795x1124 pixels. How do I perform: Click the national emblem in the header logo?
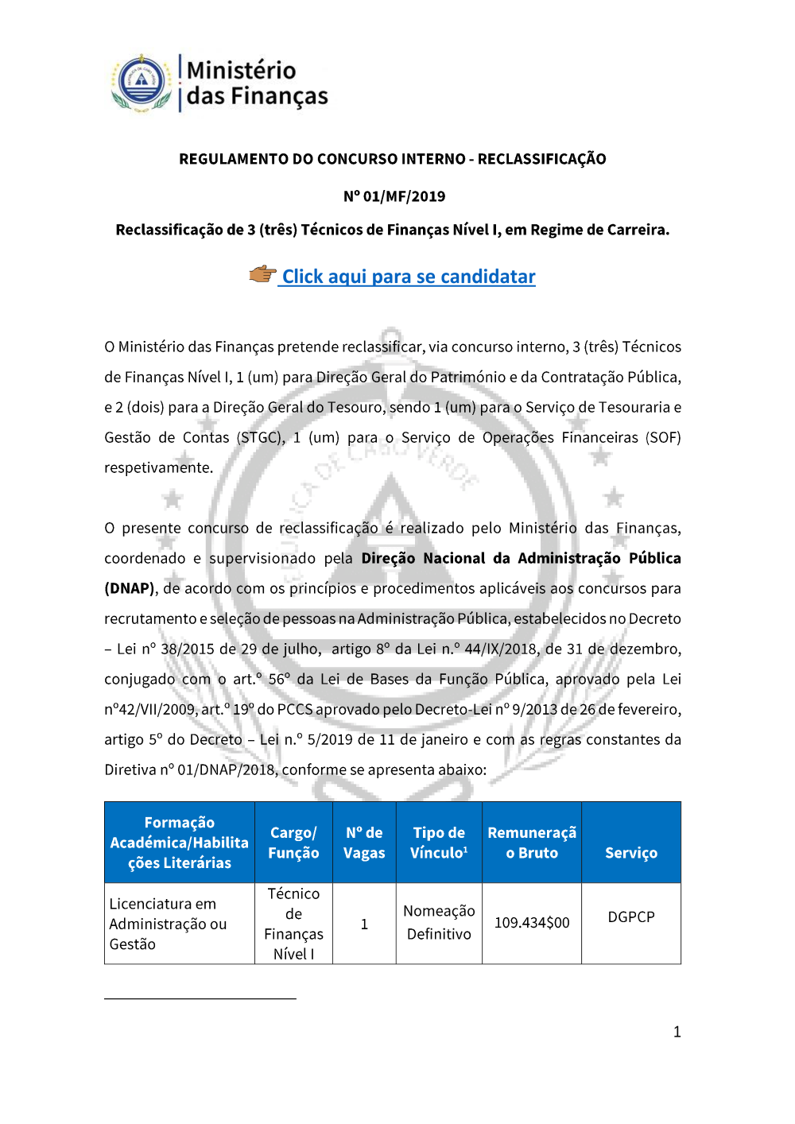(141, 83)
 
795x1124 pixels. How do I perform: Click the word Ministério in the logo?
(241, 70)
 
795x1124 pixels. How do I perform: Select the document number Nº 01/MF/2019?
(394, 196)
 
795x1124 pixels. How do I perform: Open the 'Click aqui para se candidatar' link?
(409, 277)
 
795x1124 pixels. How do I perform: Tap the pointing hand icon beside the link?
(262, 275)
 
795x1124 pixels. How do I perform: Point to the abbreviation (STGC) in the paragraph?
(260, 438)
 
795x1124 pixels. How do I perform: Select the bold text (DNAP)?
(130, 589)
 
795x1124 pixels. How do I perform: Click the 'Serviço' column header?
(631, 853)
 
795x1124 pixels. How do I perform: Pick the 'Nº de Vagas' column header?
(364, 843)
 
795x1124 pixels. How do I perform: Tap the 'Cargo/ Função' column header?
(293, 843)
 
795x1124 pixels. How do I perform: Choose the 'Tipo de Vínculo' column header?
(439, 843)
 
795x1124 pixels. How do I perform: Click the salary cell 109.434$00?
(532, 923)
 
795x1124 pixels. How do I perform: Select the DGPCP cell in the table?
(631, 917)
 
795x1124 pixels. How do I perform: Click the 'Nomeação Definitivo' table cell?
(439, 923)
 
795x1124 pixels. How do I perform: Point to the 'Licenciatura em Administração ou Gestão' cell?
(168, 924)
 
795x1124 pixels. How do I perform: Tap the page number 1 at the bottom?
(677, 1033)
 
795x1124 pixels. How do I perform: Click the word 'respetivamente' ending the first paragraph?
(158, 468)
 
